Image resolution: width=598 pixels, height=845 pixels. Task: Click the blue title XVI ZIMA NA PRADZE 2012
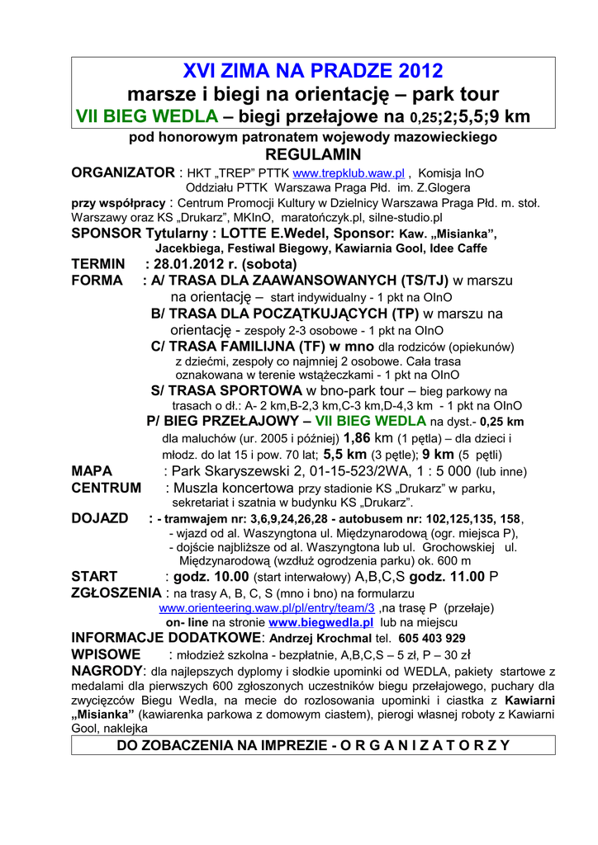[x=312, y=71]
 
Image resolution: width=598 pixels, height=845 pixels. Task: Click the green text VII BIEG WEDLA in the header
[x=147, y=116]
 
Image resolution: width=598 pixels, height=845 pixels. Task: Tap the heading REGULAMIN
[x=312, y=155]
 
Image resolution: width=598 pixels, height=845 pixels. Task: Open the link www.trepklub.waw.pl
[x=348, y=174]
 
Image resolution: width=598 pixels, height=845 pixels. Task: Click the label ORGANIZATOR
[x=122, y=173]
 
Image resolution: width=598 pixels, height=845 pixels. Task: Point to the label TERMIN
[x=98, y=265]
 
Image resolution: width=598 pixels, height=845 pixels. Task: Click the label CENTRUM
[x=106, y=488]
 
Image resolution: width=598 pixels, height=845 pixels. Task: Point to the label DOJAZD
[x=99, y=518]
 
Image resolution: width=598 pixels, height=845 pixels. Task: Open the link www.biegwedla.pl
[x=321, y=622]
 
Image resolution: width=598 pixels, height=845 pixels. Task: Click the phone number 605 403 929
[x=430, y=638]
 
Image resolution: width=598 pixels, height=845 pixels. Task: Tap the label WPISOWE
[x=106, y=655]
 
